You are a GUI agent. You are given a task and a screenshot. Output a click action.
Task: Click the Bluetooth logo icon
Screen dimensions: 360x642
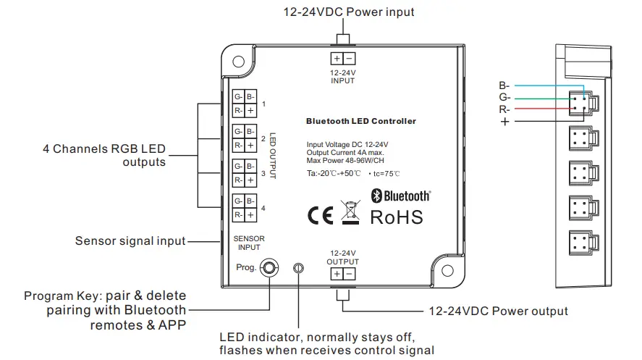click(x=376, y=195)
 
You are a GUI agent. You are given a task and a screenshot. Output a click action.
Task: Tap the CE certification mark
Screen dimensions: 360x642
click(x=320, y=217)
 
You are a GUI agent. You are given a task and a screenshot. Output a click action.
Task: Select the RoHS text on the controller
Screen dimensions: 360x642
click(x=396, y=217)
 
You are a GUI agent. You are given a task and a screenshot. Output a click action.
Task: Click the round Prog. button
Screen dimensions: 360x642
click(x=269, y=268)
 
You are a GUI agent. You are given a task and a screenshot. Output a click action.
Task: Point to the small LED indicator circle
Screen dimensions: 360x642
click(x=297, y=268)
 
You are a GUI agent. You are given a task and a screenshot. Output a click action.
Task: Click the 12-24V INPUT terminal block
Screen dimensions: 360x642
click(x=342, y=59)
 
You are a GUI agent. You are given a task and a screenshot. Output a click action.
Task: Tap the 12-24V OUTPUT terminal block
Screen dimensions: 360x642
click(x=342, y=273)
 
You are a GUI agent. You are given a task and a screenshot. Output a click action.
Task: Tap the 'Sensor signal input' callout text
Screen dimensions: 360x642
click(x=130, y=240)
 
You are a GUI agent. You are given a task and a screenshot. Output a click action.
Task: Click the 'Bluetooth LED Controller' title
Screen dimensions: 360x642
click(x=361, y=121)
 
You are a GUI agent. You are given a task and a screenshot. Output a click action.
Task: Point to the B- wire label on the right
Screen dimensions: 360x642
click(x=504, y=85)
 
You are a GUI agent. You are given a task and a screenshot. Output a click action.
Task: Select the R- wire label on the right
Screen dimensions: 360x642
click(x=504, y=109)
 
